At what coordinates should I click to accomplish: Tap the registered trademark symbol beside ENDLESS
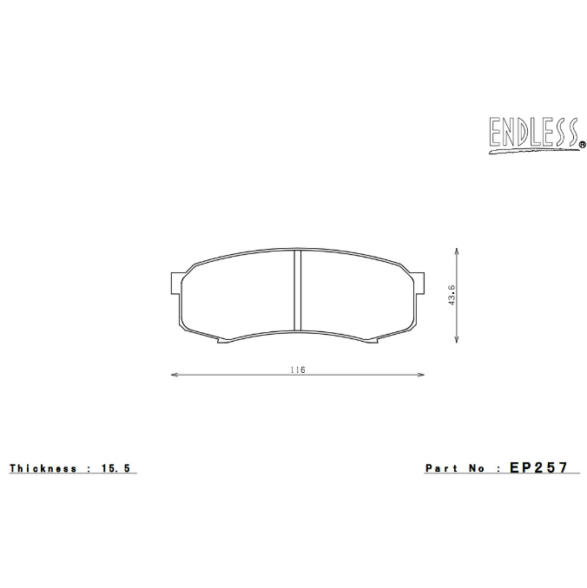pyautogui.click(x=581, y=145)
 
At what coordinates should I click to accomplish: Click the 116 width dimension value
pyautogui.click(x=298, y=369)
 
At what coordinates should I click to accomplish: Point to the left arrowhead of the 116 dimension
pyautogui.click(x=174, y=376)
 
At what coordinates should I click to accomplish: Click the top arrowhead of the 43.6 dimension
pyautogui.click(x=458, y=249)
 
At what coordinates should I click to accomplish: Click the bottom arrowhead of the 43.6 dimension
pyautogui.click(x=458, y=343)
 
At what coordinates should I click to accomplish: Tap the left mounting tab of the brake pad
pyautogui.click(x=174, y=284)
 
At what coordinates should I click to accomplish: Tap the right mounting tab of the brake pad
pyautogui.click(x=420, y=284)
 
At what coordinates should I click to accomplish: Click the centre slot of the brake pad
pyautogui.click(x=297, y=291)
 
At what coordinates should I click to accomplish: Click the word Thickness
pyautogui.click(x=43, y=468)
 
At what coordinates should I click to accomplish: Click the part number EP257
pyautogui.click(x=538, y=467)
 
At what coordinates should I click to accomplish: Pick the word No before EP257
pyautogui.click(x=476, y=468)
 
